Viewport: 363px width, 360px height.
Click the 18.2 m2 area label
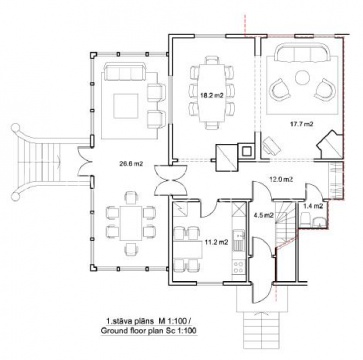(x=211, y=95)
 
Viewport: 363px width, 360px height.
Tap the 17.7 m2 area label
(x=302, y=124)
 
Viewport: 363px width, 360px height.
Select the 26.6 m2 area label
(x=131, y=163)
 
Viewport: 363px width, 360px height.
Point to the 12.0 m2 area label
(x=281, y=179)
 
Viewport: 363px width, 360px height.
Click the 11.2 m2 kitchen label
(x=216, y=242)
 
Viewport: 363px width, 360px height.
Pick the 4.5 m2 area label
(x=264, y=215)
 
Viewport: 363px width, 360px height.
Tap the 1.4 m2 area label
(x=313, y=206)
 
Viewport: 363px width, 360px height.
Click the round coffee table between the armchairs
(x=302, y=78)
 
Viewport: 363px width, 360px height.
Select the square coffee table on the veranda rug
(x=126, y=106)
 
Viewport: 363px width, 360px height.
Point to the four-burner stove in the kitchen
(x=238, y=267)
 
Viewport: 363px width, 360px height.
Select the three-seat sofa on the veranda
(x=125, y=71)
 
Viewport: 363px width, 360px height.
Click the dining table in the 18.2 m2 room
(x=211, y=93)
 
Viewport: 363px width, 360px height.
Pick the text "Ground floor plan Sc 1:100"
(x=148, y=331)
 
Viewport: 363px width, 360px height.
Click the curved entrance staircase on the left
(x=40, y=162)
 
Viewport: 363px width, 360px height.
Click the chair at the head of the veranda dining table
(x=131, y=197)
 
